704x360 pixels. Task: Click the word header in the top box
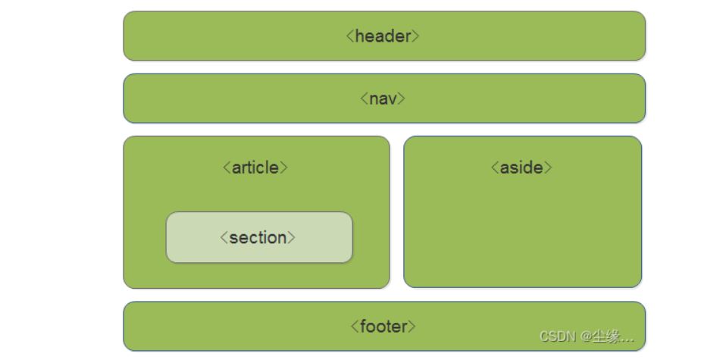tap(383, 36)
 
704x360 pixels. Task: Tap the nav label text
tap(383, 99)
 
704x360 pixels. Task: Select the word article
tap(255, 167)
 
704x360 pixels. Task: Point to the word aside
tap(521, 167)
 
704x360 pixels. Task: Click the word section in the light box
tap(258, 237)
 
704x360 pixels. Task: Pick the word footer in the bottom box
tap(383, 327)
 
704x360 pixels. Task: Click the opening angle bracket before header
tap(350, 36)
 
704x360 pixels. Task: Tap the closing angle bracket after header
tap(416, 36)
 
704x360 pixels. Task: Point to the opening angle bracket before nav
tap(364, 99)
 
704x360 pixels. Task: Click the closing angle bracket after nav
tap(402, 99)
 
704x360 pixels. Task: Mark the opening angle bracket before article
tap(227, 168)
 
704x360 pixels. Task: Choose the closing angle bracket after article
tap(283, 168)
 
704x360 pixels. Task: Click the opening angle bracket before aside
tap(495, 168)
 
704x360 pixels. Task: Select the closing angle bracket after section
tap(292, 237)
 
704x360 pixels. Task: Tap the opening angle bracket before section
tap(224, 237)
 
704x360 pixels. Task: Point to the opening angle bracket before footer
tap(355, 327)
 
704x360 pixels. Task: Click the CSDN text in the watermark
tap(558, 337)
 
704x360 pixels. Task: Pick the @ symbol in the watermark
tap(586, 337)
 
